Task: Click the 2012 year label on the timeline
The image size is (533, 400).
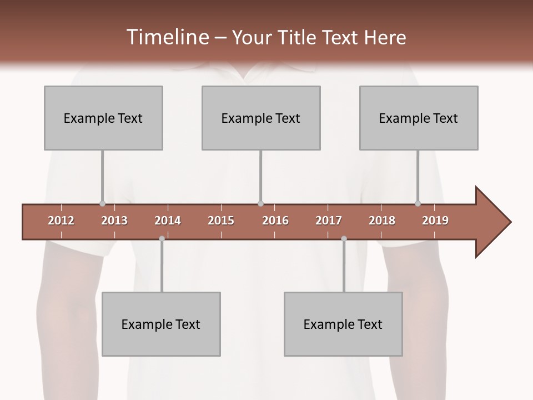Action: pyautogui.click(x=61, y=221)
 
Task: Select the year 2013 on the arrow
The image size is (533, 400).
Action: pyautogui.click(x=114, y=221)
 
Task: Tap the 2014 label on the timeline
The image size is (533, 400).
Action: pyautogui.click(x=168, y=221)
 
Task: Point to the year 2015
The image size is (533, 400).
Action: pyautogui.click(x=221, y=221)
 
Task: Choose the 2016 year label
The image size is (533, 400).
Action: pyautogui.click(x=275, y=221)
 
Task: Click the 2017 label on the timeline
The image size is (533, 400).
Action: pyautogui.click(x=329, y=221)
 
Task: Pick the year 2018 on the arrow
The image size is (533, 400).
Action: pyautogui.click(x=382, y=221)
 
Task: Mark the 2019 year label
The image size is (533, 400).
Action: pyautogui.click(x=435, y=221)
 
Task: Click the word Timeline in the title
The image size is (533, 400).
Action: pyautogui.click(x=166, y=37)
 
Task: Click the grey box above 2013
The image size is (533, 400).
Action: pyautogui.click(x=103, y=118)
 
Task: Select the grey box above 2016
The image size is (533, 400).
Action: pyautogui.click(x=261, y=118)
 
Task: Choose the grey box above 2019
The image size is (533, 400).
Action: pyautogui.click(x=419, y=118)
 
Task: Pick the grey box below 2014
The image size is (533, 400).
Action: pyautogui.click(x=161, y=324)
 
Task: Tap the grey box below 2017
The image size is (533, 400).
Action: pyautogui.click(x=343, y=324)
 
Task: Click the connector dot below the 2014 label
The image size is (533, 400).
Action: pyautogui.click(x=162, y=238)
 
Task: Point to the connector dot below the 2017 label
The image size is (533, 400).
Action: pyautogui.click(x=344, y=238)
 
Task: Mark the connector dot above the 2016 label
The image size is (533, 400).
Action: pyautogui.click(x=260, y=203)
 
